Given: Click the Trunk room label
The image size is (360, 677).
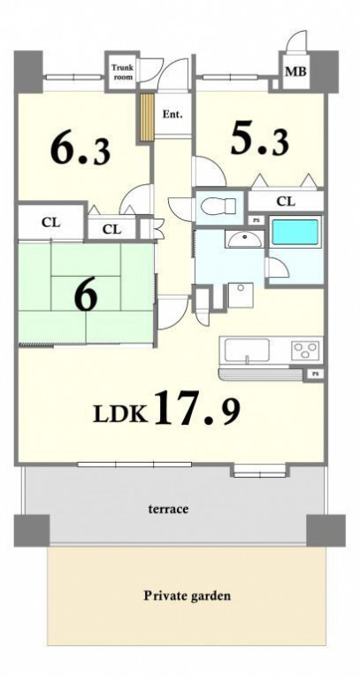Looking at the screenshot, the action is [x=123, y=72].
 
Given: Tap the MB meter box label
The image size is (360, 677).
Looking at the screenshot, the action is [x=295, y=72].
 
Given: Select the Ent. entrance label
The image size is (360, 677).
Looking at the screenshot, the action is [x=172, y=114].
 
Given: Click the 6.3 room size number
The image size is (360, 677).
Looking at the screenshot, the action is [x=80, y=150].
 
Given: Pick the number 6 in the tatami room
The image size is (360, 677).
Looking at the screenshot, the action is [x=86, y=297].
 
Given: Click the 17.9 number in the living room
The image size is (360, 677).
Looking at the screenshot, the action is [x=197, y=407].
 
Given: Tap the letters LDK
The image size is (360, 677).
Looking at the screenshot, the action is [x=120, y=414].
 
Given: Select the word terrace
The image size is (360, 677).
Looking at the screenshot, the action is [x=168, y=509].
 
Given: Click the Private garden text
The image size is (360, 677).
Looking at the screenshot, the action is [x=187, y=596].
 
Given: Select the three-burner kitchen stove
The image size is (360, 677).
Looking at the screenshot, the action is [x=305, y=350].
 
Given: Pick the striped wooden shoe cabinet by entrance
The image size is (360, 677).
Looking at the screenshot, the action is [x=147, y=118].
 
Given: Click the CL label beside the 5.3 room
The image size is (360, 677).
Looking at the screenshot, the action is [x=286, y=201].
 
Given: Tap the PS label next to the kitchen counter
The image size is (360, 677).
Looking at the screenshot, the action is [x=316, y=374].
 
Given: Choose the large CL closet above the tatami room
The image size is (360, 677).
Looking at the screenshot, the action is [x=50, y=222].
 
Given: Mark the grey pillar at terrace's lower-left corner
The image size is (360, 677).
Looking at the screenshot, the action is [x=31, y=530].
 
